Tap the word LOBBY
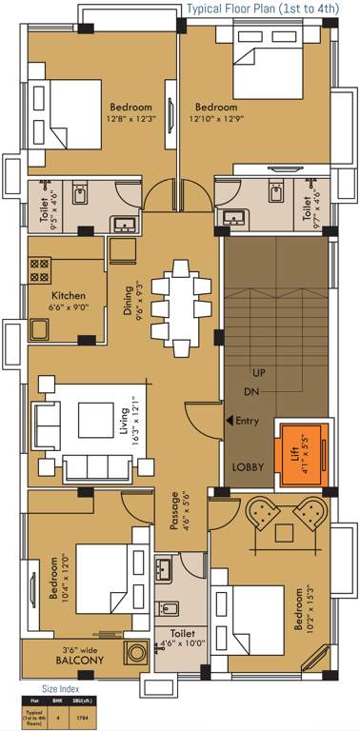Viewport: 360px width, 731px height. (x=249, y=467)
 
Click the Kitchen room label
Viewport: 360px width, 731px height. (x=69, y=301)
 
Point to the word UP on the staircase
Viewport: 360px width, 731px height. (x=258, y=372)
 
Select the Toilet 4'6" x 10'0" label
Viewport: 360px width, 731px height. (x=182, y=637)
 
